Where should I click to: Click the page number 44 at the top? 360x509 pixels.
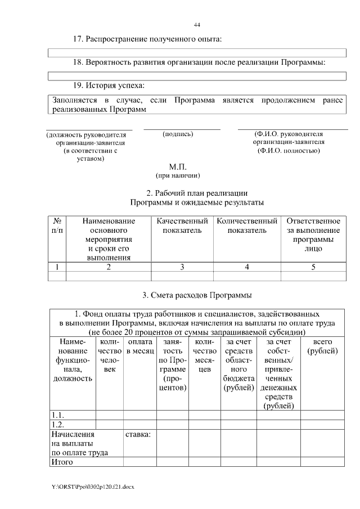pos(197,25)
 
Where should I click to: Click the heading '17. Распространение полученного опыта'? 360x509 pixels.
pos(148,39)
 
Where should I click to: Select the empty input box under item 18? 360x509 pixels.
pos(197,75)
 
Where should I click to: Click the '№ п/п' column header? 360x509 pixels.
pos(57,226)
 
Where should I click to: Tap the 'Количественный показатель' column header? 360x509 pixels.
pos(247,226)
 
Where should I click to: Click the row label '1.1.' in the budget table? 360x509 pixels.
pos(57,415)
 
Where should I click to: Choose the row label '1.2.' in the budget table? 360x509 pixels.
pos(57,425)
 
